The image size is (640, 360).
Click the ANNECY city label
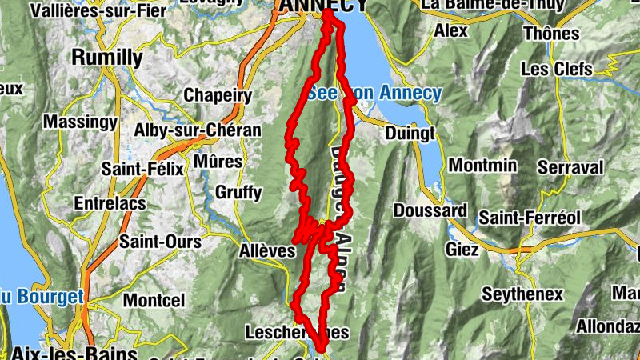tap(322, 6)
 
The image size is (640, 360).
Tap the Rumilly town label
tap(107, 58)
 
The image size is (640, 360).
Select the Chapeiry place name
tap(218, 95)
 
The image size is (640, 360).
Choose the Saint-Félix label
tap(142, 169)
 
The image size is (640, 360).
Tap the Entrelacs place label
tap(110, 204)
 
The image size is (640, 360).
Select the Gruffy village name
tap(238, 192)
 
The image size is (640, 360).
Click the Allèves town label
tap(267, 251)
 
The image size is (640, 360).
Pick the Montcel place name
tap(154, 301)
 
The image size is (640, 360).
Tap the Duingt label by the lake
tap(409, 132)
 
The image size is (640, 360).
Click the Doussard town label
tap(430, 210)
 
